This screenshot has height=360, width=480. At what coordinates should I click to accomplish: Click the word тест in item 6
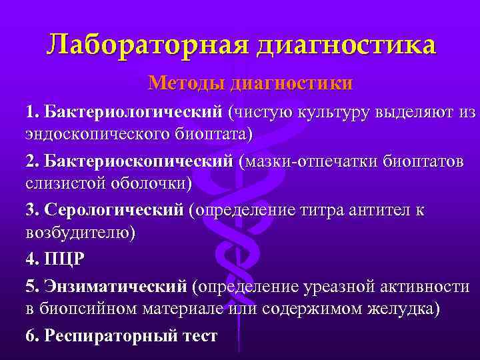[x=198, y=336]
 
